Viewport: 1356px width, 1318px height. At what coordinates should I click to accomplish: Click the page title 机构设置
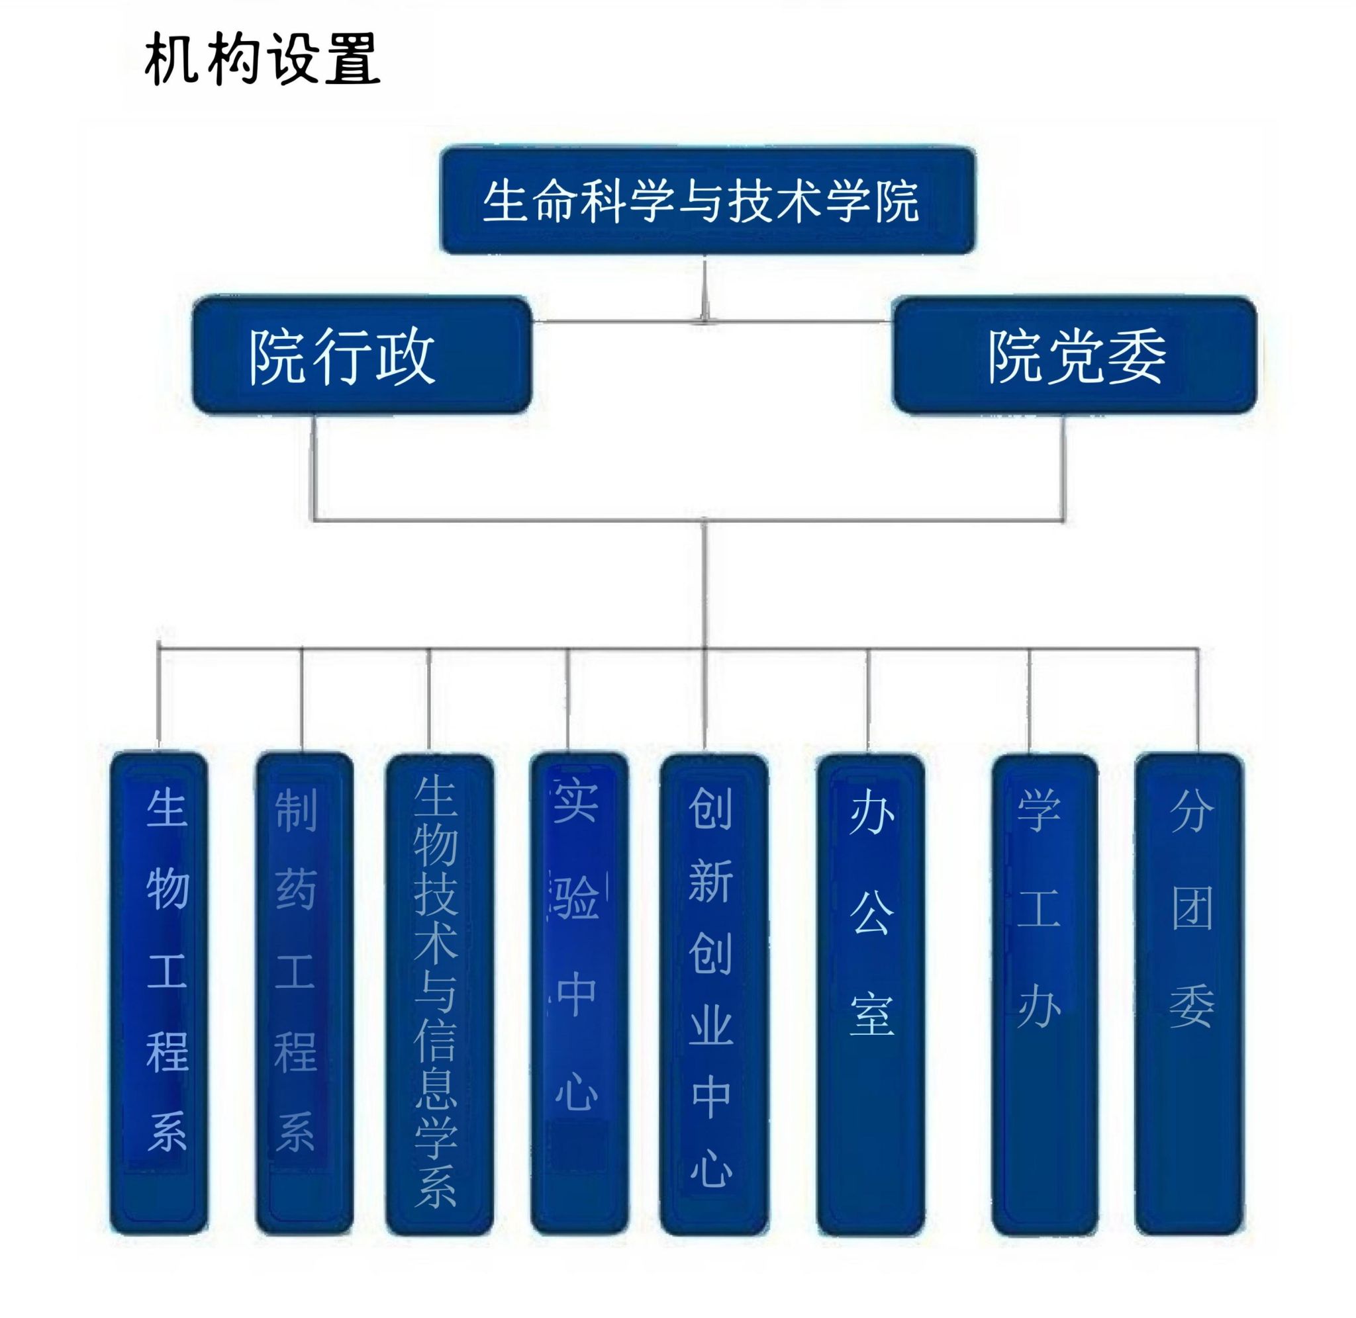click(x=262, y=60)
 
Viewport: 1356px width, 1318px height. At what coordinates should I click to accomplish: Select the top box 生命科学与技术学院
click(x=707, y=200)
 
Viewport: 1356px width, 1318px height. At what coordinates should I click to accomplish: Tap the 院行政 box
click(x=362, y=355)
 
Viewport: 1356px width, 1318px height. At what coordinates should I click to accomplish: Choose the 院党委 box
click(x=1074, y=355)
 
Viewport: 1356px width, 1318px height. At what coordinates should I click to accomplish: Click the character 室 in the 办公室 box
click(x=872, y=1014)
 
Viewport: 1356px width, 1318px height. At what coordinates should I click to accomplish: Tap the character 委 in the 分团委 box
click(x=1191, y=1006)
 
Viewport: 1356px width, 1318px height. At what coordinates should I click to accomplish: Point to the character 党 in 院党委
click(x=1076, y=357)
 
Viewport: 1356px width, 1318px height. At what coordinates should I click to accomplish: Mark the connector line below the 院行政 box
click(x=314, y=467)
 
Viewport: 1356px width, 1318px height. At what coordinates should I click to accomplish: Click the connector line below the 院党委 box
click(x=1064, y=467)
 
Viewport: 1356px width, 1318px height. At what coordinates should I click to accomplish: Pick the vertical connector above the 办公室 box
click(x=868, y=699)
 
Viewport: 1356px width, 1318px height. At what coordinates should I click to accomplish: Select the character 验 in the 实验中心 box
click(x=576, y=897)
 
